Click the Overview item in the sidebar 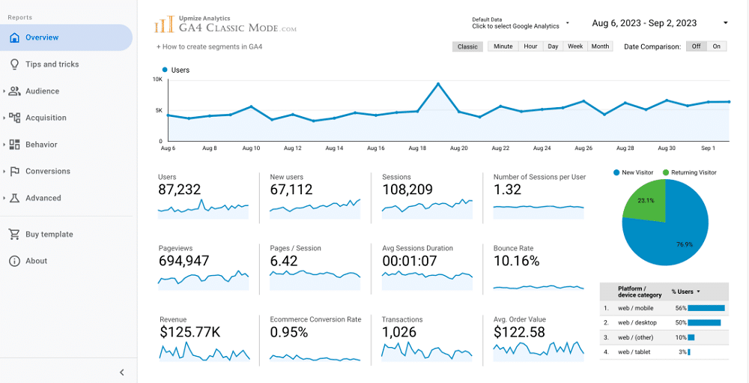(x=42, y=37)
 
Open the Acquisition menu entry (x=46, y=118)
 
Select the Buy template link (x=49, y=235)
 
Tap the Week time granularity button (x=575, y=46)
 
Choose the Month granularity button (x=600, y=46)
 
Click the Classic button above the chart (x=467, y=46)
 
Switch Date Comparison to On (x=716, y=46)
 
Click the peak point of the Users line (x=438, y=84)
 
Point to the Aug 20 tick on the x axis (x=458, y=148)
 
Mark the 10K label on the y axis (x=157, y=79)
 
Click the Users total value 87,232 (x=180, y=190)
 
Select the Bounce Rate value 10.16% (x=516, y=262)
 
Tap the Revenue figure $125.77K (x=189, y=333)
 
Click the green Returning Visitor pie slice (x=643, y=201)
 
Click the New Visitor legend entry (x=636, y=172)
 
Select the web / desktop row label (x=637, y=322)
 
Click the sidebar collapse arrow (x=122, y=373)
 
